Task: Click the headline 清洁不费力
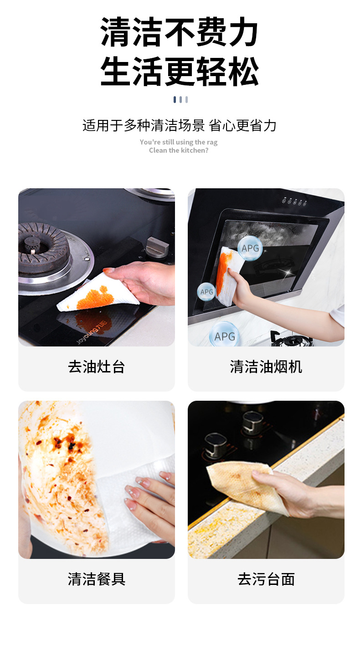(180, 33)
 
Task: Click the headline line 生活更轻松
(180, 72)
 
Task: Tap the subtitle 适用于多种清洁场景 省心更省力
(180, 125)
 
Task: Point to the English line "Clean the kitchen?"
(179, 150)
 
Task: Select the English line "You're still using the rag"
(179, 142)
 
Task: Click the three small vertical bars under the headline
(180, 99)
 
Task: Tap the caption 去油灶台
(96, 367)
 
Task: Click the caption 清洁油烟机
(266, 367)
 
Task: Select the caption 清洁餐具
(96, 579)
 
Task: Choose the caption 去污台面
(266, 579)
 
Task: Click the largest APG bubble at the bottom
(224, 336)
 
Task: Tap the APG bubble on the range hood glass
(250, 248)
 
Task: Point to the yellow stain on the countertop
(214, 533)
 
